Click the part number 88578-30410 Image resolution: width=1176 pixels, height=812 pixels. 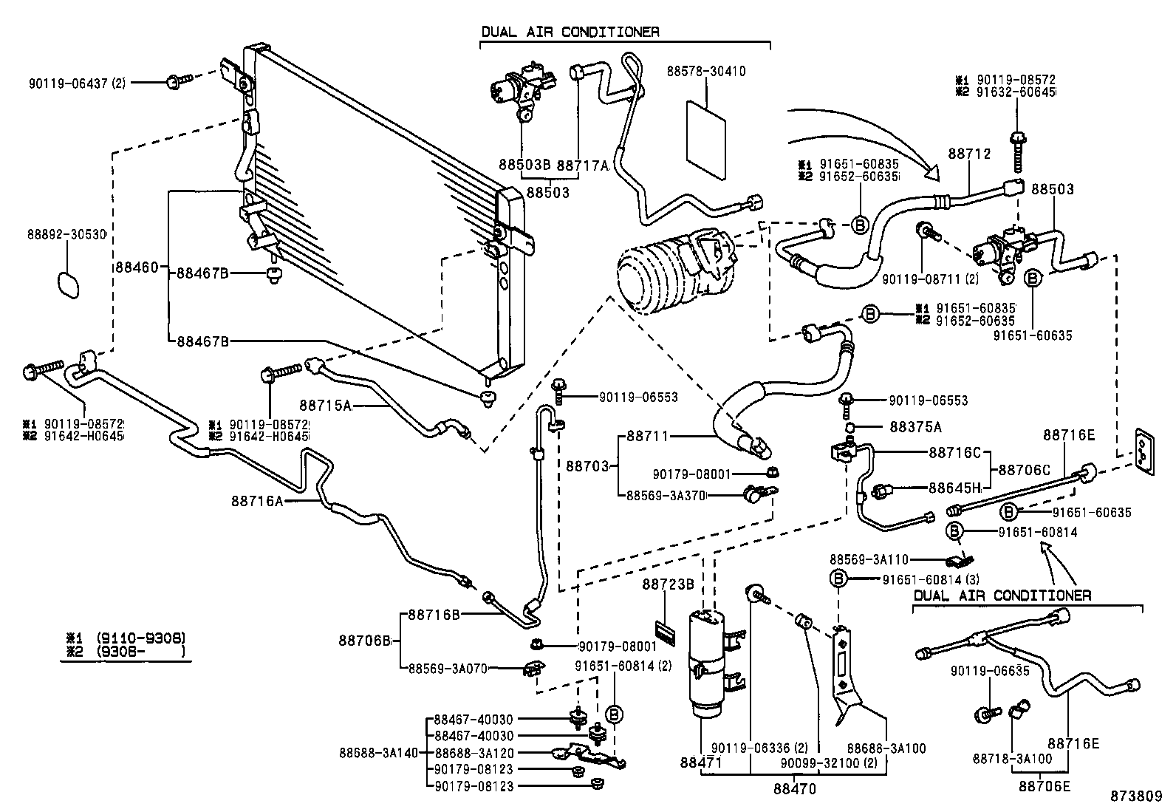point(705,72)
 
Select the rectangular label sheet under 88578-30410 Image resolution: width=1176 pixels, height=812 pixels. point(705,140)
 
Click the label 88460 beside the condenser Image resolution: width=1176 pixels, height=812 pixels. point(136,267)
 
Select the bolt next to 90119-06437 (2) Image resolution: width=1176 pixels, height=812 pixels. point(178,81)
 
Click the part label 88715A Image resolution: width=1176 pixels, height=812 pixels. point(326,405)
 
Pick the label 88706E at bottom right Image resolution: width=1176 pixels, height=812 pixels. point(1045,786)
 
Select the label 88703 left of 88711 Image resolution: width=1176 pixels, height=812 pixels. point(588,466)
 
